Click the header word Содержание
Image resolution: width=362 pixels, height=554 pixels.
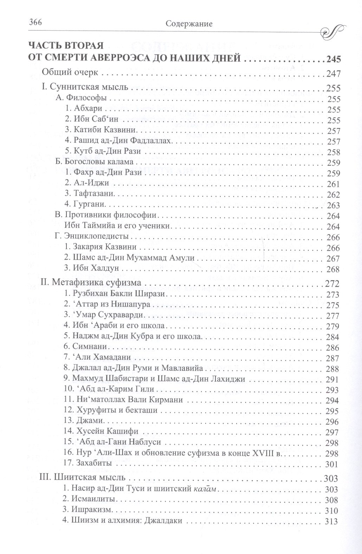(189, 24)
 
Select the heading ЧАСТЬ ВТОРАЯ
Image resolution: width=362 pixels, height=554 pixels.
(66, 46)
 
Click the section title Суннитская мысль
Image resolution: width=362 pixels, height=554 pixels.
(85, 87)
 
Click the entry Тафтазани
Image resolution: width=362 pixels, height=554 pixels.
(89, 193)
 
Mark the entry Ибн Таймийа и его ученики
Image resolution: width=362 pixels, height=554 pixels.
(117, 225)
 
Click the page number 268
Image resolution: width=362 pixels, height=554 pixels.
(333, 269)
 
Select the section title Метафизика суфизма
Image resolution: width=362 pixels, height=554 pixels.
(91, 282)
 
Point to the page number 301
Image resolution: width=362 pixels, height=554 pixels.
(331, 464)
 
